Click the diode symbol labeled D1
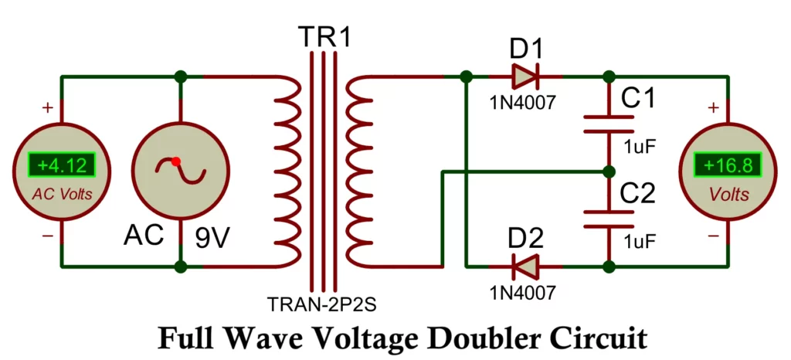[x=525, y=76]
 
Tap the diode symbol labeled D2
[x=525, y=267]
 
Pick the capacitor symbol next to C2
[x=609, y=219]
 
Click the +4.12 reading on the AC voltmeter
[x=62, y=165]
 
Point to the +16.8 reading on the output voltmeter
[x=727, y=165]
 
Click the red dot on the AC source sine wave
[x=176, y=161]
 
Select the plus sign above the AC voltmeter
[x=47, y=108]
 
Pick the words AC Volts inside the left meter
[x=62, y=194]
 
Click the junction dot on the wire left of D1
[x=466, y=76]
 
